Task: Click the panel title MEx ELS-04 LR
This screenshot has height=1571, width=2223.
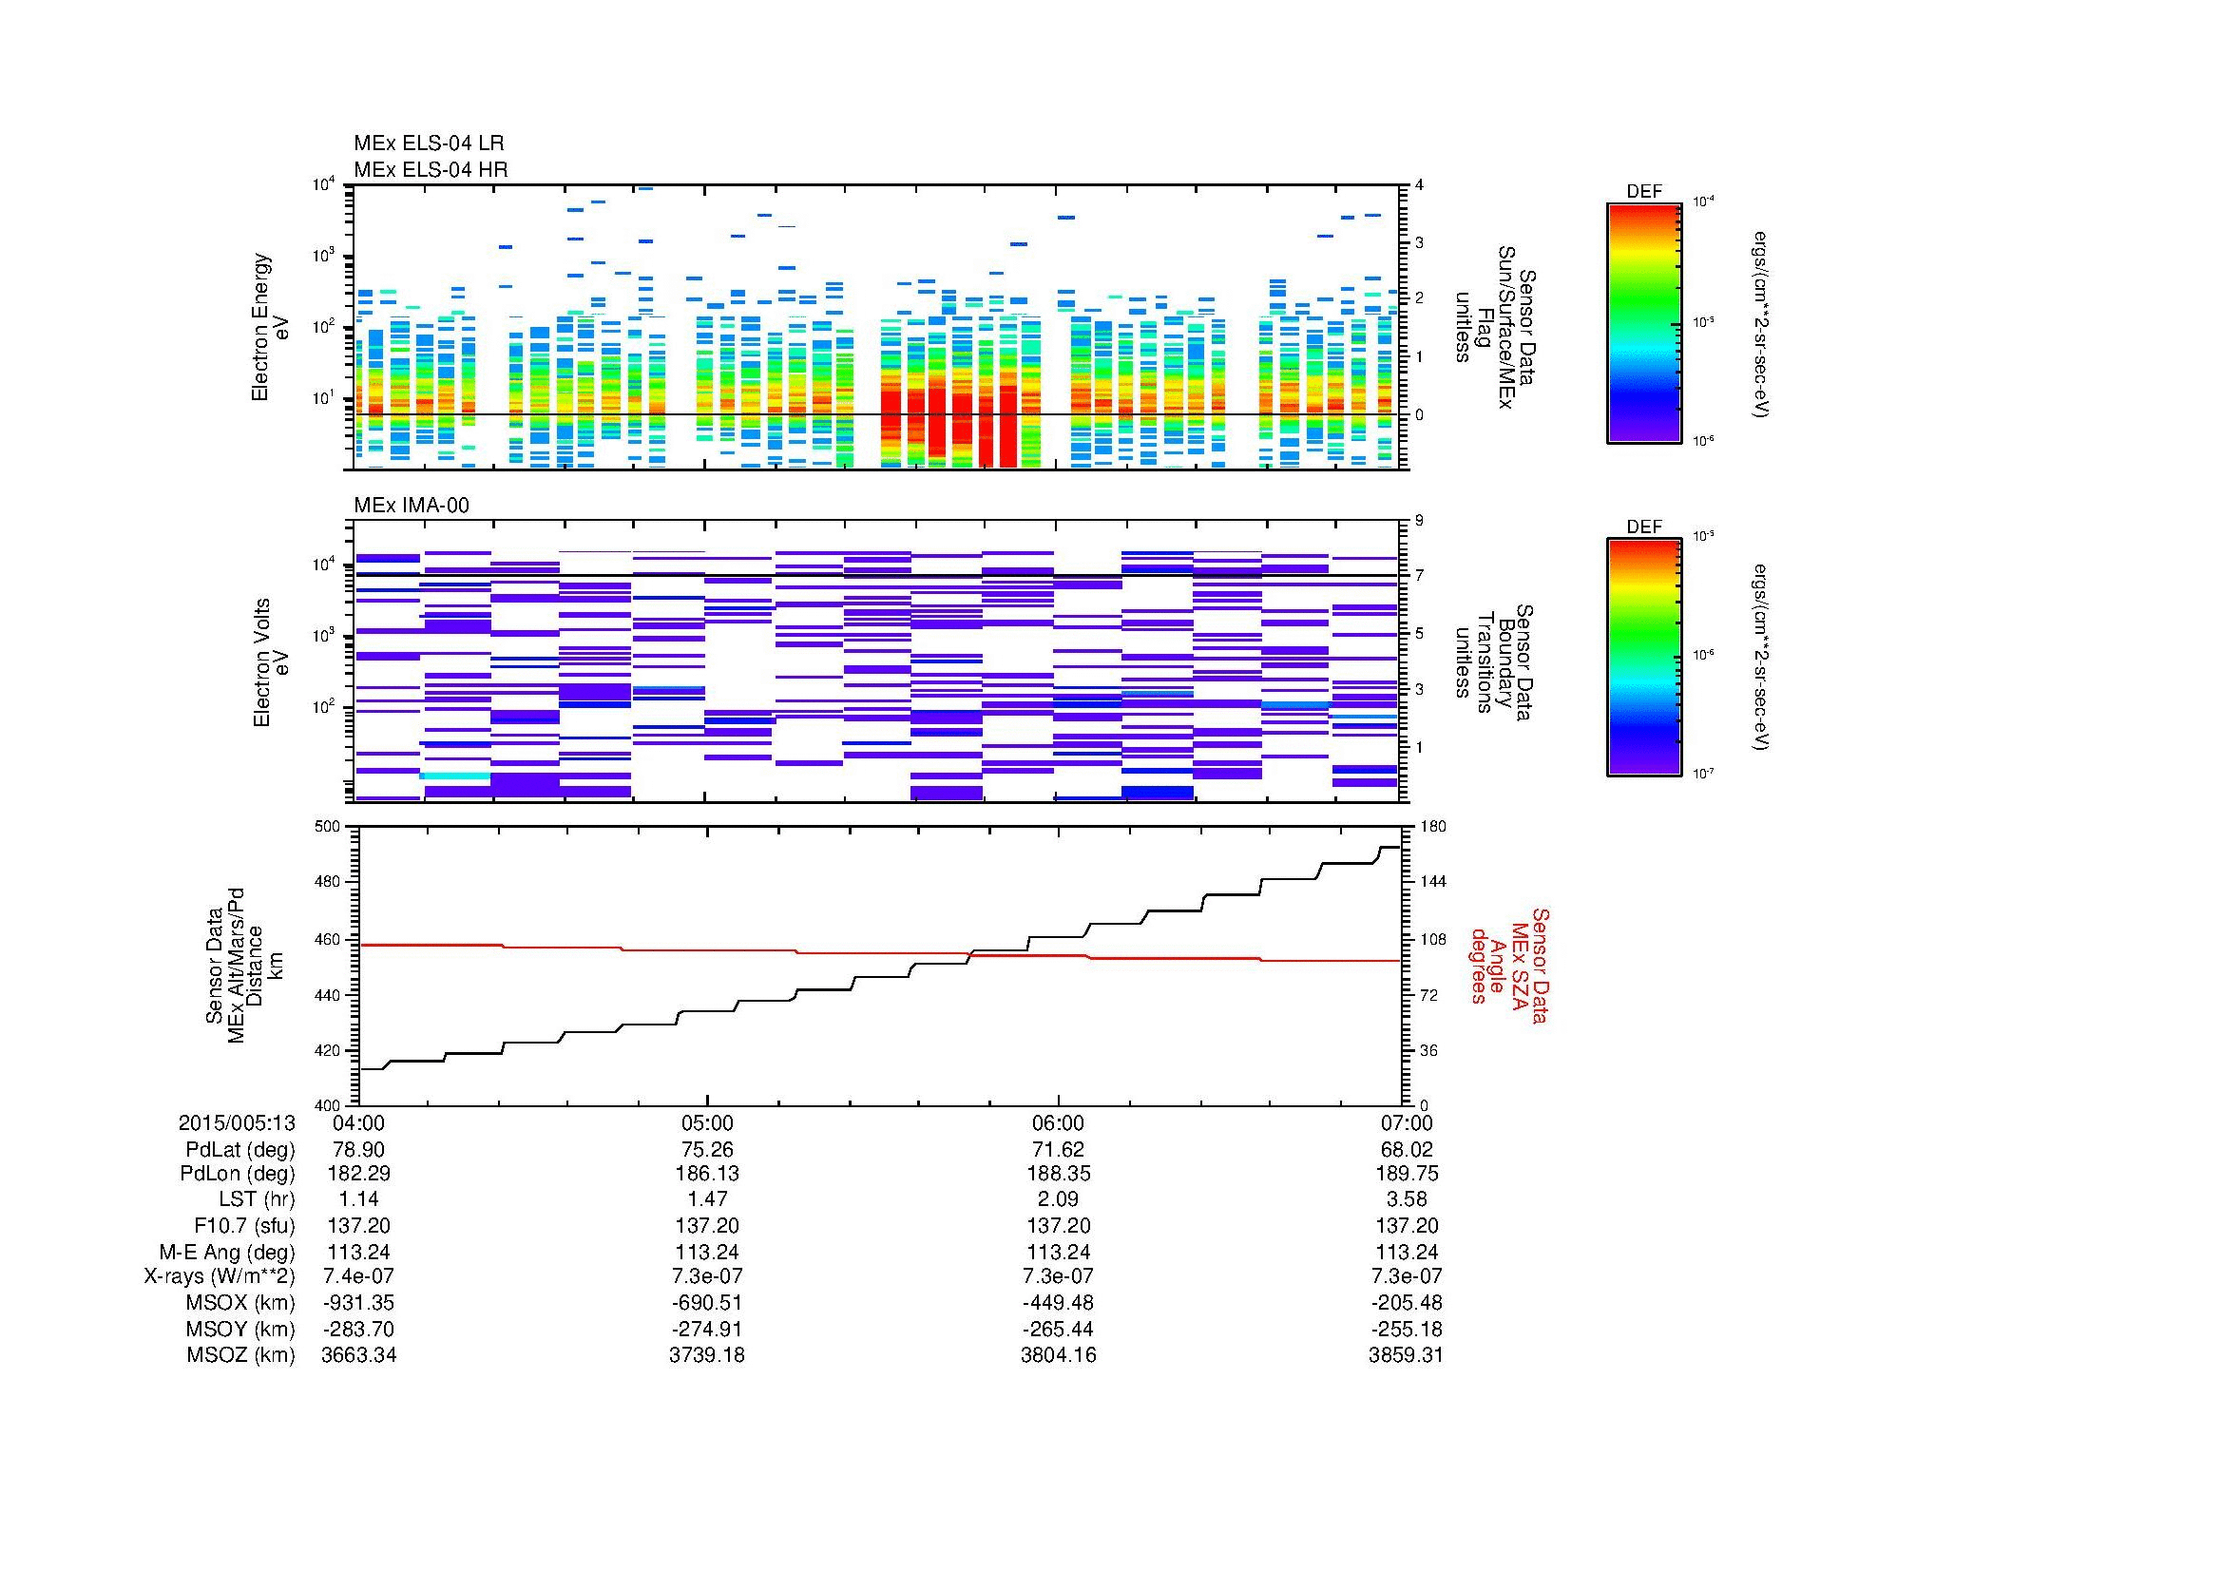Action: click(428, 144)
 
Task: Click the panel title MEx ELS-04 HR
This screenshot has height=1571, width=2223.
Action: click(430, 169)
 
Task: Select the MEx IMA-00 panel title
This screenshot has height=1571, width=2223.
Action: click(412, 506)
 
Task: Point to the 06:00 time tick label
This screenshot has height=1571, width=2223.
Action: click(1058, 1122)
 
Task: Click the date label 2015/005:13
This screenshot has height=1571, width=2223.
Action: click(237, 1122)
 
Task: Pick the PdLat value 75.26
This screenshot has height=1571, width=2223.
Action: click(708, 1149)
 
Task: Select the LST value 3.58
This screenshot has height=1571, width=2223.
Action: click(1406, 1200)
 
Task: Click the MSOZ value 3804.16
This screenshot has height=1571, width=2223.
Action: click(1058, 1355)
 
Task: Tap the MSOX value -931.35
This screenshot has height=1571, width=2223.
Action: click(358, 1303)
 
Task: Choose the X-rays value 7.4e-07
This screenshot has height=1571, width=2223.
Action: click(358, 1276)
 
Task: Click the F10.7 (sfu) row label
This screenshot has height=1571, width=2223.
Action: click(243, 1225)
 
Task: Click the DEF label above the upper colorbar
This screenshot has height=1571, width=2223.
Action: click(1643, 192)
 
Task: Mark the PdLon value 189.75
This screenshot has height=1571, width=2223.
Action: click(1406, 1174)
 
